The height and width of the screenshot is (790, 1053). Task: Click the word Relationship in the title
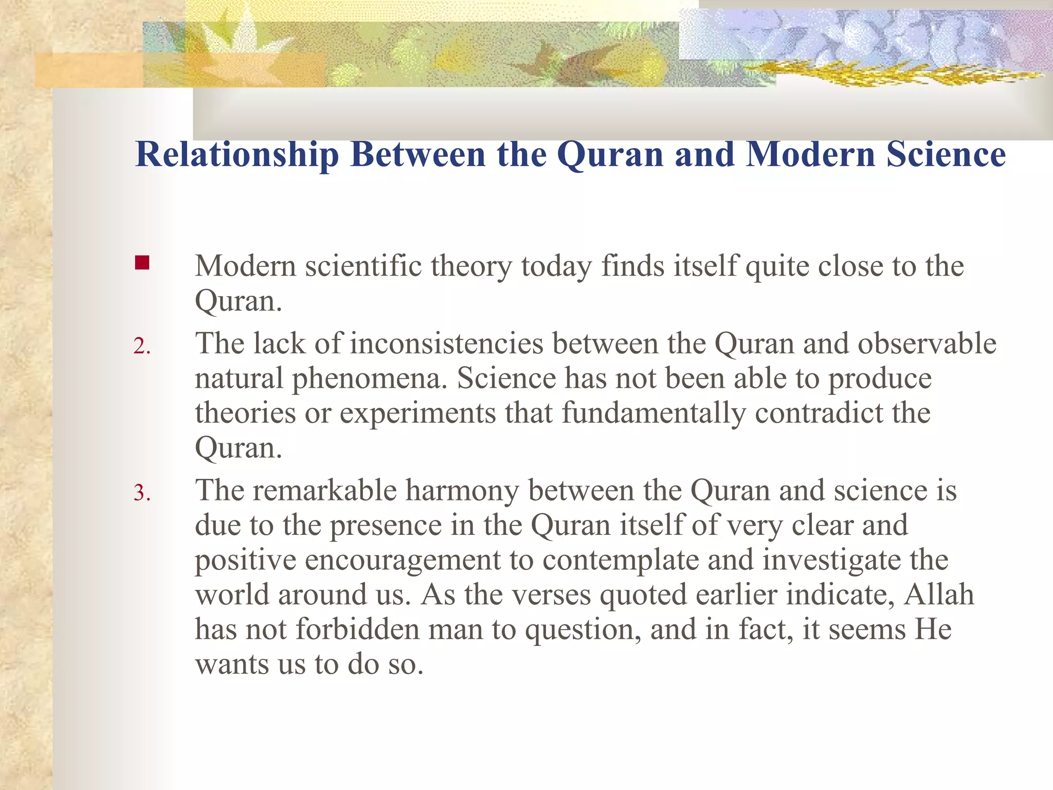pos(237,154)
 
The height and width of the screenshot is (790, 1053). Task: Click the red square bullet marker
pos(142,263)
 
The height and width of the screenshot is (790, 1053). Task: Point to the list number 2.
pos(141,346)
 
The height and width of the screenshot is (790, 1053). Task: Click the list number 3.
pos(141,493)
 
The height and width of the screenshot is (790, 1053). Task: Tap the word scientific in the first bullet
pos(363,266)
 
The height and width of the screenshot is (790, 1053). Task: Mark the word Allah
pos(939,595)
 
